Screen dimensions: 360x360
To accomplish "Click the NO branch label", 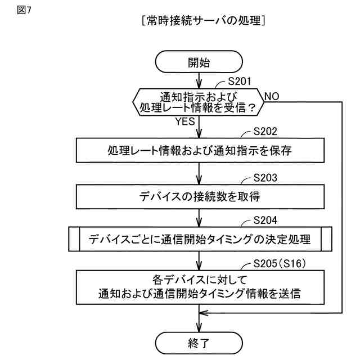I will pos(272,96).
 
